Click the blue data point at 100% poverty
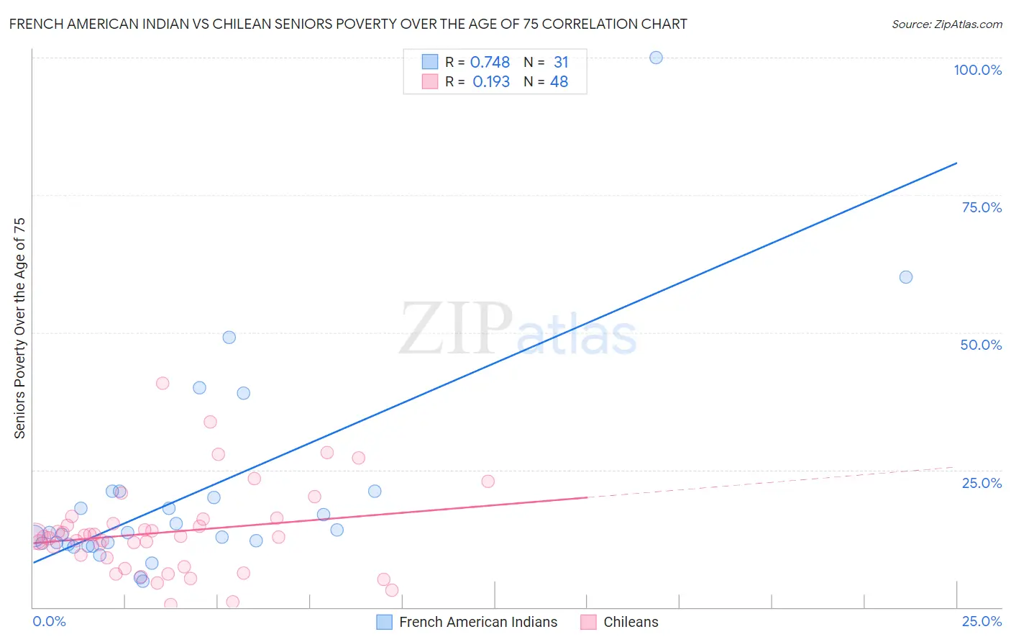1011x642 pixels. pos(656,58)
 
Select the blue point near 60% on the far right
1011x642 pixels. pos(906,277)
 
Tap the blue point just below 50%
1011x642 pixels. pos(229,337)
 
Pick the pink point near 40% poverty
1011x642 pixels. pos(163,383)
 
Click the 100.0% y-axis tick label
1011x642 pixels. pos(977,70)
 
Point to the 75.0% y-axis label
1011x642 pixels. pos(982,207)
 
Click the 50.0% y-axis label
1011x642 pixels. pos(981,345)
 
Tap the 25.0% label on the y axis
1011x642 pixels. pos(982,483)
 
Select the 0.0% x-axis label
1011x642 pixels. pos(50,621)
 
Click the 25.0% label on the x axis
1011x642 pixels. pos(982,621)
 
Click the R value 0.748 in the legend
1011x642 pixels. pos(490,63)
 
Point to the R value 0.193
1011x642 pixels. pos(491,82)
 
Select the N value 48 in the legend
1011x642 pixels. pos(559,82)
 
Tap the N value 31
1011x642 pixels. pos(561,63)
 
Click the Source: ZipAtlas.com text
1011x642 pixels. pos(946,24)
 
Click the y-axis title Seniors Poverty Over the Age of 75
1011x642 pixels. pos(20,328)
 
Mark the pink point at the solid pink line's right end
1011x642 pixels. pos(488,481)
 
